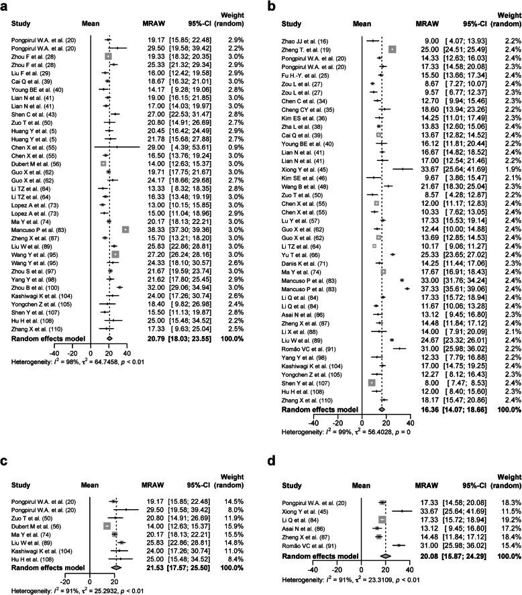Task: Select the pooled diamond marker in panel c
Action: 116,529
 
